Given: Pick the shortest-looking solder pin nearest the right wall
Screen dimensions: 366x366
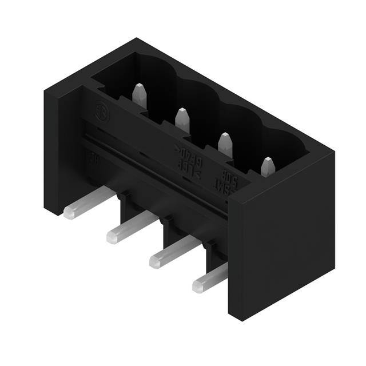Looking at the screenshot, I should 199,285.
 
